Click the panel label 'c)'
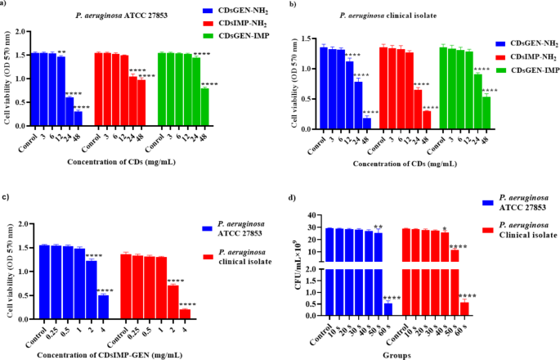[7, 198]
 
